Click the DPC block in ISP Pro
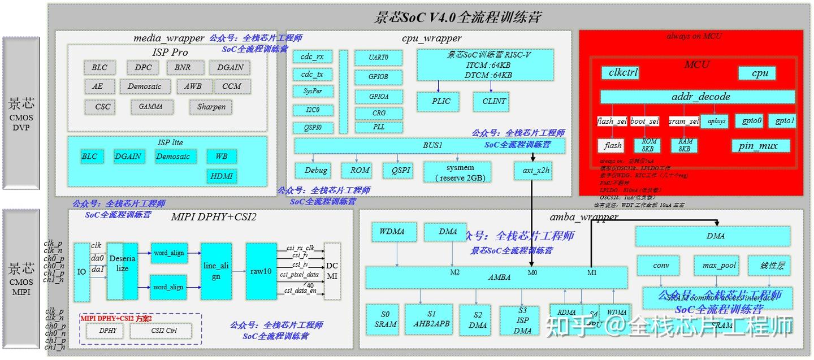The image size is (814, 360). pyautogui.click(x=142, y=67)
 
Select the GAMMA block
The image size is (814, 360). pyautogui.click(x=150, y=106)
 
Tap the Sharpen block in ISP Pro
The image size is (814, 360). pyautogui.click(x=211, y=106)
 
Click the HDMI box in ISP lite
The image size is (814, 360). pyautogui.click(x=222, y=176)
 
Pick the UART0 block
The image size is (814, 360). pyautogui.click(x=378, y=58)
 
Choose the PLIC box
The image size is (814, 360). pyautogui.click(x=441, y=101)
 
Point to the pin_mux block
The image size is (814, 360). pyautogui.click(x=758, y=146)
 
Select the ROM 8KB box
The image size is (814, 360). pyautogui.click(x=647, y=145)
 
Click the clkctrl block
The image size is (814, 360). pyautogui.click(x=623, y=73)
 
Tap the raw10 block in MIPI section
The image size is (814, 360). pyautogui.click(x=261, y=271)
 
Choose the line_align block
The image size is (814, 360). pyautogui.click(x=216, y=271)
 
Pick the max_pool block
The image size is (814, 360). pyautogui.click(x=718, y=265)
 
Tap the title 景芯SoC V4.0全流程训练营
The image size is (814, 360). pyautogui.click(x=457, y=17)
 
